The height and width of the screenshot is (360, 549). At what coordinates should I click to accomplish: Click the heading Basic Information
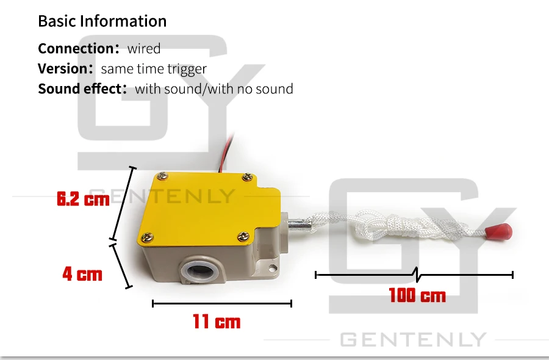102,21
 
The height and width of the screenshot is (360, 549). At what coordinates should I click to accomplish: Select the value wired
143,49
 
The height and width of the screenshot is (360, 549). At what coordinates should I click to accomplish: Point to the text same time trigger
154,69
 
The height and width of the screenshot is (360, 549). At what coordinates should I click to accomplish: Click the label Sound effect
80,89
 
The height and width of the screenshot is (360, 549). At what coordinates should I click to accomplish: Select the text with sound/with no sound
213,89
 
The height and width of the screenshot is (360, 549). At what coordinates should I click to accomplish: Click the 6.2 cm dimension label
82,199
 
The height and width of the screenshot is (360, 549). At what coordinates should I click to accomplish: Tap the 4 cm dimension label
82,274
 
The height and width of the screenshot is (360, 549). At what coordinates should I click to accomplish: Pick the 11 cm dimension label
217,322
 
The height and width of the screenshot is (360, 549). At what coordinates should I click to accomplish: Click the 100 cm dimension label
417,296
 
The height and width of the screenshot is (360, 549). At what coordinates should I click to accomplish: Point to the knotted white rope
396,226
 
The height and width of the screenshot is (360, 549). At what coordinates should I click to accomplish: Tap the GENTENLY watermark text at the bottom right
412,340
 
